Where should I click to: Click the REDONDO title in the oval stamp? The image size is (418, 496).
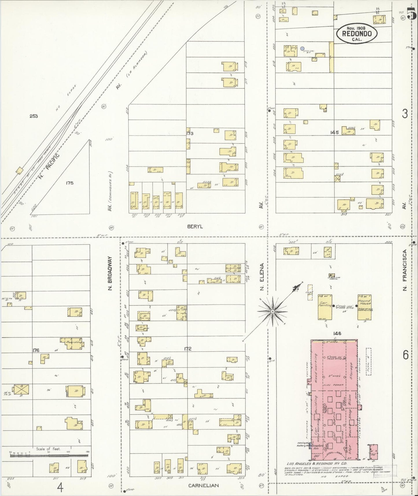(x=357, y=33)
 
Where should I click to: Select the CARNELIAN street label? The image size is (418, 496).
(x=203, y=486)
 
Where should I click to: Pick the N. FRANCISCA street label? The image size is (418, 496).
(x=405, y=270)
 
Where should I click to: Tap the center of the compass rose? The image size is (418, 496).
(x=272, y=311)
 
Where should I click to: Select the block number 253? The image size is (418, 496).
(x=34, y=116)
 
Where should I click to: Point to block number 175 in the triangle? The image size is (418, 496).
(x=69, y=183)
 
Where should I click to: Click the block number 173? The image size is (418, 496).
(x=190, y=133)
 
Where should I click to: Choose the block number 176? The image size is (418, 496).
(x=36, y=350)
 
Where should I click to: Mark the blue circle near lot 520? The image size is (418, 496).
(x=302, y=49)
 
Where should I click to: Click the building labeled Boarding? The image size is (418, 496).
(x=73, y=343)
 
